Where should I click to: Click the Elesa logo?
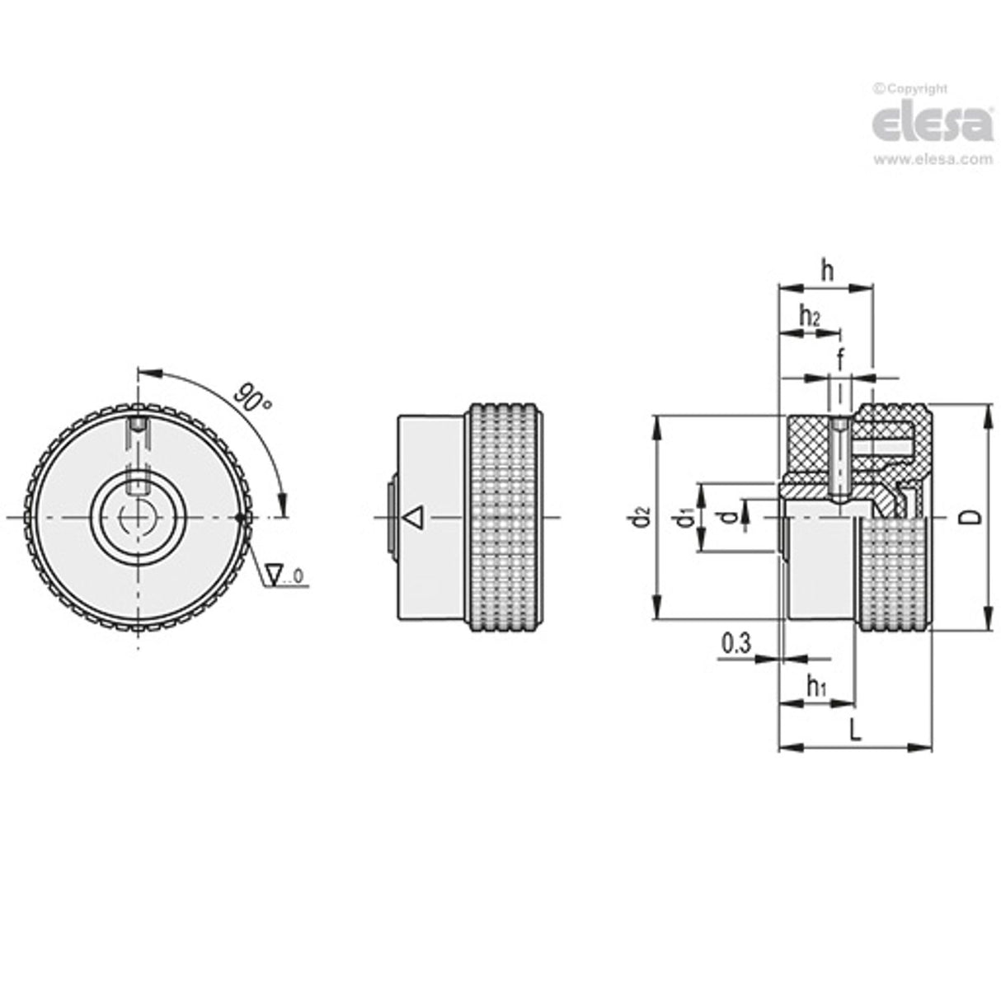pyautogui.click(x=932, y=125)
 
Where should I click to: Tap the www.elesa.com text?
pyautogui.click(x=933, y=160)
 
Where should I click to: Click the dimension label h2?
pyautogui.click(x=809, y=315)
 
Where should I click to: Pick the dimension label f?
pyautogui.click(x=840, y=360)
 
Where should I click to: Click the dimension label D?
pyautogui.click(x=973, y=517)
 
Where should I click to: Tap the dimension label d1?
pyautogui.click(x=683, y=518)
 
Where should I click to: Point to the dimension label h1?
pyautogui.click(x=815, y=685)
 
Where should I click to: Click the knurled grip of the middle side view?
pyautogui.click(x=505, y=517)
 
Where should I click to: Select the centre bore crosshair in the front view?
pyautogui.click(x=138, y=518)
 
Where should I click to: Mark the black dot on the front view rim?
pyautogui.click(x=240, y=518)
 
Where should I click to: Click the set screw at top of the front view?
pyautogui.click(x=138, y=426)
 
